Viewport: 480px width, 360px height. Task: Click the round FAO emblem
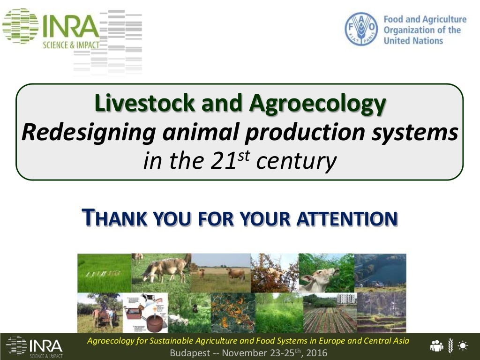pos(361,29)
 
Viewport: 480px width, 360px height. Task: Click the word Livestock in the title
pos(145,103)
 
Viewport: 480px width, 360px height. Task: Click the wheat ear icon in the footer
pos(450,346)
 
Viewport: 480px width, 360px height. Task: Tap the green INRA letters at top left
pos(70,26)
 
